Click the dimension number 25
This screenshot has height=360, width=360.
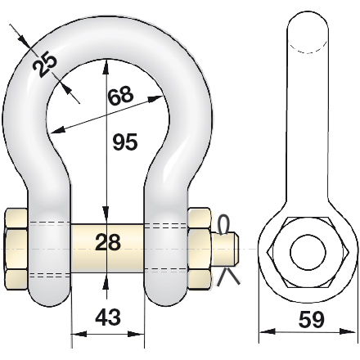tap(44, 65)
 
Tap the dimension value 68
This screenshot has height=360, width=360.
tap(120, 97)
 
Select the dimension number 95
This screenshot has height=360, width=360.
tap(125, 142)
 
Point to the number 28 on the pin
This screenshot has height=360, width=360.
tap(108, 242)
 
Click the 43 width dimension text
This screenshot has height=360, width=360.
tap(108, 317)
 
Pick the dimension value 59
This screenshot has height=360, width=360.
tap(312, 319)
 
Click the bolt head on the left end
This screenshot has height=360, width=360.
tap(16, 249)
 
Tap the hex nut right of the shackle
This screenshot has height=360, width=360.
tap(200, 249)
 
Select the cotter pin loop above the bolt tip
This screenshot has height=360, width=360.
tap(223, 225)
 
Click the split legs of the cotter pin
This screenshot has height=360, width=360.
tap(228, 277)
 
